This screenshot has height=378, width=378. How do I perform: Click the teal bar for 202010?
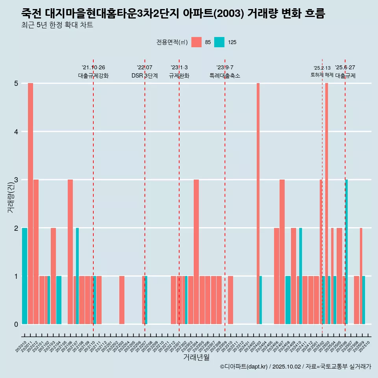(x=24, y=276)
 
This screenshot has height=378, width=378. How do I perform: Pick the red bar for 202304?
(x=196, y=252)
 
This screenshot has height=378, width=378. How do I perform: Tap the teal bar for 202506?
(x=346, y=252)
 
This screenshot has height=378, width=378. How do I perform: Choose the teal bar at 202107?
(x=78, y=276)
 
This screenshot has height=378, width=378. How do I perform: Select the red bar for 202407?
(x=282, y=252)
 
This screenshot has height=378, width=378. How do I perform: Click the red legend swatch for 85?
(x=196, y=42)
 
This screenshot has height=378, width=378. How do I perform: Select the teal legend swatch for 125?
(x=219, y=42)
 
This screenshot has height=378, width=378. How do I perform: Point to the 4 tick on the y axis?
(x=16, y=132)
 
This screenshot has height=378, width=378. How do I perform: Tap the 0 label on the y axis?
(x=16, y=324)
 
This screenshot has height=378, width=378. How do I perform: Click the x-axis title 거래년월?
(x=196, y=357)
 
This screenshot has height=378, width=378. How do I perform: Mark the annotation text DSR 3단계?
(x=145, y=76)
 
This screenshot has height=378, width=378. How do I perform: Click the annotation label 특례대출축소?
(x=225, y=76)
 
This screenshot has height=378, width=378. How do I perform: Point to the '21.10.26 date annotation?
(x=93, y=67)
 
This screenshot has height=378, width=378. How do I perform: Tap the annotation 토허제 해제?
(x=322, y=75)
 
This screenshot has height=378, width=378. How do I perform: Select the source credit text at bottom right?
(x=295, y=367)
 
